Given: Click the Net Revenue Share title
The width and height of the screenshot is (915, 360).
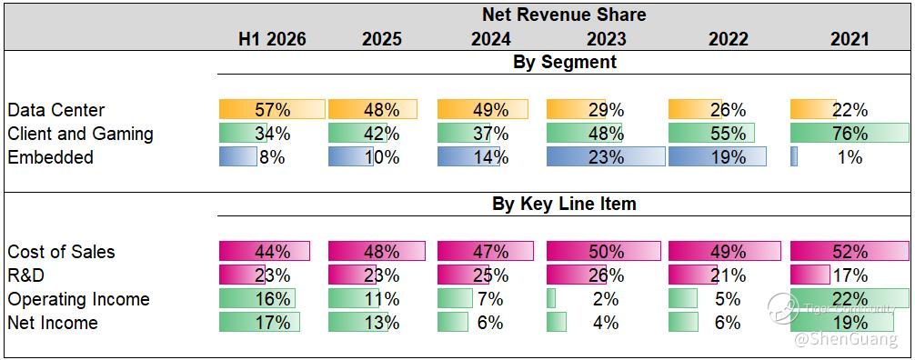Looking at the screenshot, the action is pyautogui.click(x=564, y=15).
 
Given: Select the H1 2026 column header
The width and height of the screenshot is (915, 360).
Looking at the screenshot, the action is pyautogui.click(x=272, y=39).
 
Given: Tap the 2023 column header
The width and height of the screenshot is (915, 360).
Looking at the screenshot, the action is pyautogui.click(x=607, y=39).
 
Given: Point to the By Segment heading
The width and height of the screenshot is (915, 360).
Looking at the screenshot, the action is pyautogui.click(x=564, y=62).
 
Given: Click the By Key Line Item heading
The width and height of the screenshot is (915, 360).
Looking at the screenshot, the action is pyautogui.click(x=564, y=204).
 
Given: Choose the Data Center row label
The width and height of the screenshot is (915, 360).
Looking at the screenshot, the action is pyautogui.click(x=56, y=110).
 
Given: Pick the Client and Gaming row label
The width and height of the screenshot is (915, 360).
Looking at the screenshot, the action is pyautogui.click(x=81, y=135).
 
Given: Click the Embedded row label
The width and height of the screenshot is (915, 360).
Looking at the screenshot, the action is pyautogui.click(x=50, y=157).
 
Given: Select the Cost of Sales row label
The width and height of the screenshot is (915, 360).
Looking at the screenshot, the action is pyautogui.click(x=61, y=252).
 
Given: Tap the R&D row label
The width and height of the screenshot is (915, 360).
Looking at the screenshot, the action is pyautogui.click(x=25, y=275).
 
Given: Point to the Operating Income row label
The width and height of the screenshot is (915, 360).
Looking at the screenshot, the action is pyautogui.click(x=79, y=299).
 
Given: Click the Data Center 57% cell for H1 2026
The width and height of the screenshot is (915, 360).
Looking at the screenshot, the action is pyautogui.click(x=272, y=110).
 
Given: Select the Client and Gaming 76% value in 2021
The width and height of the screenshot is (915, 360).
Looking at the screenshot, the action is pyautogui.click(x=850, y=134).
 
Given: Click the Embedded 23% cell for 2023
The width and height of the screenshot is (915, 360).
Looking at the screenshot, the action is pyautogui.click(x=606, y=157).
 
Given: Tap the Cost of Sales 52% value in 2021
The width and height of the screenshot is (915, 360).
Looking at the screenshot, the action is pyautogui.click(x=850, y=252).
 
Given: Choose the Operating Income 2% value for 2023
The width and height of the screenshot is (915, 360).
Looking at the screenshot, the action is pyautogui.click(x=606, y=299).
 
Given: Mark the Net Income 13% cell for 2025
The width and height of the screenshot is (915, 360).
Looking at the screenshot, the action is pyautogui.click(x=381, y=322).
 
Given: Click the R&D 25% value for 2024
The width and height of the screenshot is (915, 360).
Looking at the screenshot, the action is pyautogui.click(x=492, y=275).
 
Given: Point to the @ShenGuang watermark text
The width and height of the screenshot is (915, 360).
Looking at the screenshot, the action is pyautogui.click(x=846, y=340).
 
